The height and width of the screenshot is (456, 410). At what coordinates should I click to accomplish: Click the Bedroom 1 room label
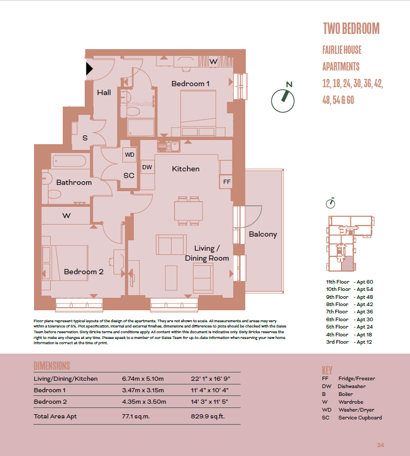(190, 84)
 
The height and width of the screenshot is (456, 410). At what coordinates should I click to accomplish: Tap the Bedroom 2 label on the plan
(84, 272)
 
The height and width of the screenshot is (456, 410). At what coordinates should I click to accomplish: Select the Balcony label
(263, 234)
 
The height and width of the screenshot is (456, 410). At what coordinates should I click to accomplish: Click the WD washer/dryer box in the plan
(129, 155)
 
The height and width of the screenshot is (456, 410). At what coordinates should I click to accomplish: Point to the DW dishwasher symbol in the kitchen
(147, 167)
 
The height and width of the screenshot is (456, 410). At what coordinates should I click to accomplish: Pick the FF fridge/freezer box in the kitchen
(226, 182)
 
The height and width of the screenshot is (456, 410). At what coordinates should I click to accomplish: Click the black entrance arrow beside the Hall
(89, 68)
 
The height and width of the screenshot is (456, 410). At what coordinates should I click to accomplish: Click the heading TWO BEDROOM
(350, 28)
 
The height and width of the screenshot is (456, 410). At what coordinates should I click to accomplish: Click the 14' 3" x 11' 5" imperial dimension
(210, 402)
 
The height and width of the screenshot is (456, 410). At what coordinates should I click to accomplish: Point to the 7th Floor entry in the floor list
(337, 312)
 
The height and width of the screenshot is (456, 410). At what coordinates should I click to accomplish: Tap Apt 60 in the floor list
(364, 282)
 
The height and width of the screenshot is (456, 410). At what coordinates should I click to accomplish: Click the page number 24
(380, 445)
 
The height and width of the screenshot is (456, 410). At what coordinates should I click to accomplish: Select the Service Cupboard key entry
(360, 417)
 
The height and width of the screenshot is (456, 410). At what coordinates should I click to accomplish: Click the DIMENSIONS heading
(52, 366)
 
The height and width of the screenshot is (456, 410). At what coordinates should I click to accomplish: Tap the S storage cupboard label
(85, 138)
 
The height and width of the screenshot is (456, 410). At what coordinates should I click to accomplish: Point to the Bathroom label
(74, 182)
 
